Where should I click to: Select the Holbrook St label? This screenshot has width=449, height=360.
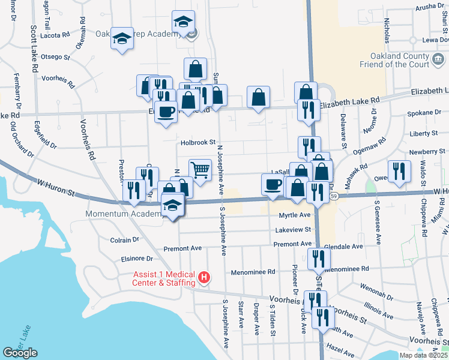198,143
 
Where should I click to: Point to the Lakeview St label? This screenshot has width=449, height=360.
294,229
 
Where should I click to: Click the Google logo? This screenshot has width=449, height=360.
20,353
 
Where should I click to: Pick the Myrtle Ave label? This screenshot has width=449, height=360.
294,215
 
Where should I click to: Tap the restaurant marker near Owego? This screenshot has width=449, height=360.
399,171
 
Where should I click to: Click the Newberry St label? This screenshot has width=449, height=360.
424,152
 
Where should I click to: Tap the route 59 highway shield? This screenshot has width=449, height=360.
340,196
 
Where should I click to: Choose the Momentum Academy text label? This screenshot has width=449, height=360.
123,214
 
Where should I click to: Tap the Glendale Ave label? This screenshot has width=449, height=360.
343,246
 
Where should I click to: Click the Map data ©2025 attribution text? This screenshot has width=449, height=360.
424,355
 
